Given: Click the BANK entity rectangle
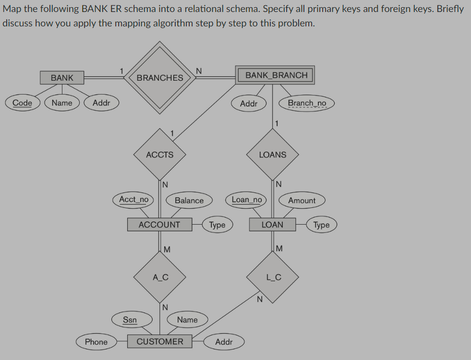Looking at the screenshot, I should coord(62,77).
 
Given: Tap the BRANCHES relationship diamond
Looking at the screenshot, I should coord(160,78).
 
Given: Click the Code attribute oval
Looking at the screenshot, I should coord(22,103).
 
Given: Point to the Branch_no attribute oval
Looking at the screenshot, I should coord(307,103).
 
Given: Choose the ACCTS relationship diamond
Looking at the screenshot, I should coord(160,155).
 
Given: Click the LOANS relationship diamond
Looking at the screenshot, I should coord(273,155).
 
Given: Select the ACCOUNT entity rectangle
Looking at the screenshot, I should coord(159,225).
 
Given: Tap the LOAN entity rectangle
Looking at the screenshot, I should coord(272,225).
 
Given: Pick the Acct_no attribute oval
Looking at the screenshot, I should coord(133,199).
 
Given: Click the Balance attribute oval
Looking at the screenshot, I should coord(189,201).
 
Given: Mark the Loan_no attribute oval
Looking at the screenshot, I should coord(247,199).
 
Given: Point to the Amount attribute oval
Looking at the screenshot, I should coord(302,201).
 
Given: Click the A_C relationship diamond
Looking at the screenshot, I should coord(160,277).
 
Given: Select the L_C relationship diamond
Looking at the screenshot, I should coord(273,277).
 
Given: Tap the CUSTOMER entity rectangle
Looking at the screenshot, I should coord(160,342).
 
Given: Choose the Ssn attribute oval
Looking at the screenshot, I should coord(130,320).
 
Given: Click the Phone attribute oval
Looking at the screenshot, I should coord(96,342).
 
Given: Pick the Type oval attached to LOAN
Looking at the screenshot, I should coord(322,225).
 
